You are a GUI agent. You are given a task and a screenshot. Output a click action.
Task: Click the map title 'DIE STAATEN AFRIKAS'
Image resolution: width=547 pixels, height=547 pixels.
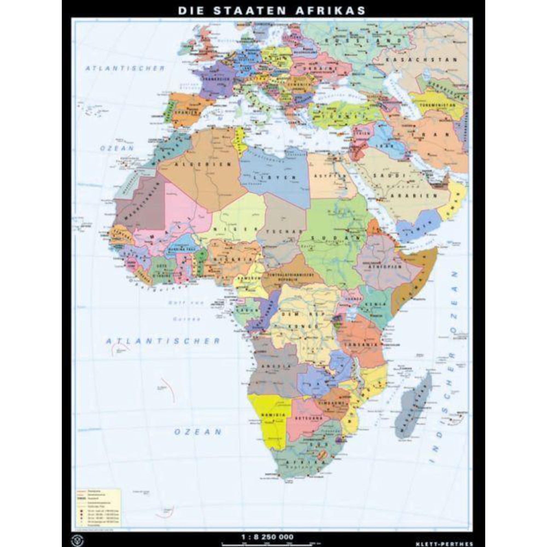[272, 10]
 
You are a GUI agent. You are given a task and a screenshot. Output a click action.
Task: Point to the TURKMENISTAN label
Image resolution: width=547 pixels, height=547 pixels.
[437, 104]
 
